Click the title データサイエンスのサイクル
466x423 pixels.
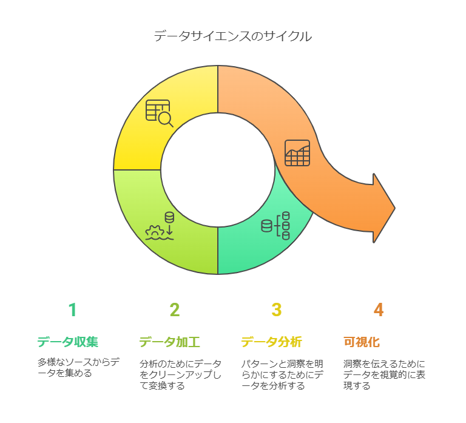tap(233, 36)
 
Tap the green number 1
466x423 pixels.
tap(73, 310)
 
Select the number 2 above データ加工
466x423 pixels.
tap(175, 310)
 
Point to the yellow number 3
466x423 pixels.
tap(277, 310)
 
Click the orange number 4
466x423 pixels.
tap(379, 310)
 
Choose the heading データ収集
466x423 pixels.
tap(68, 342)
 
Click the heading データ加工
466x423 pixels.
tap(170, 342)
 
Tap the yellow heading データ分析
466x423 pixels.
tap(272, 342)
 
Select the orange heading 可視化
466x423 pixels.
tap(362, 342)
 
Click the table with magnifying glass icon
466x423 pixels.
tap(160, 113)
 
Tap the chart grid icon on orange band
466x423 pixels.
tap(297, 153)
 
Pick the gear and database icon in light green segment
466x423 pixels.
tap(160, 226)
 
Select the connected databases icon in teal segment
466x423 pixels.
tap(275, 226)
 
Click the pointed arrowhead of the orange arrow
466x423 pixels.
tap(394, 208)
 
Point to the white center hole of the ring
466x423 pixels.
tap(218, 170)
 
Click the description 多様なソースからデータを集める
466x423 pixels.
tap(78, 367)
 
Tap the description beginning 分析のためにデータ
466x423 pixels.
tap(180, 374)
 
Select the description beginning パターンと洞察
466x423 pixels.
tap(282, 374)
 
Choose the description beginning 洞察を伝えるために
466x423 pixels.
tap(384, 374)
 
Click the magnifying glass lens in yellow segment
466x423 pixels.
tap(164, 118)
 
